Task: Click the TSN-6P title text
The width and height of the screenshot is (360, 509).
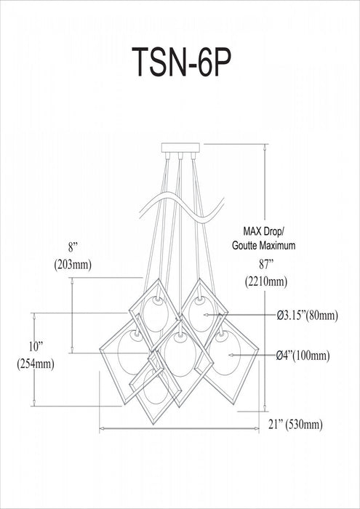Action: [181, 62]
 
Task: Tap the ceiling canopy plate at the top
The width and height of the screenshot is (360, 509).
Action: [180, 148]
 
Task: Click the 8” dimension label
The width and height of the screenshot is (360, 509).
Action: [73, 248]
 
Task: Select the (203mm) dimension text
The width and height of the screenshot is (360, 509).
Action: [73, 265]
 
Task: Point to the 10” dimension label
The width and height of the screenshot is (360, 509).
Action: [36, 347]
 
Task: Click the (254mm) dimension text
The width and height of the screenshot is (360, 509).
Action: [36, 364]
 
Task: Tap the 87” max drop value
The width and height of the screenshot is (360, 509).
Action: [265, 265]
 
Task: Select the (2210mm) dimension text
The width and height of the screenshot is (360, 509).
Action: [266, 281]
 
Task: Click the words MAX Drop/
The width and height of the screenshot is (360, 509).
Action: [264, 231]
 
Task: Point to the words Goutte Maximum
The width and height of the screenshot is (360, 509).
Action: [263, 246]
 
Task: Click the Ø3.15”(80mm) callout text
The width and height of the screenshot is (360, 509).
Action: [308, 315]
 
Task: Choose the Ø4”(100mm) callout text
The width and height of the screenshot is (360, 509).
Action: [303, 356]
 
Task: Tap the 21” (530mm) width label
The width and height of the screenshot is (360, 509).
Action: [295, 424]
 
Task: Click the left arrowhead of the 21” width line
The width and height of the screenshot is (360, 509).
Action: [102, 429]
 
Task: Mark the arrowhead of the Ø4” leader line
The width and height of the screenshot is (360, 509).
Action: [231, 356]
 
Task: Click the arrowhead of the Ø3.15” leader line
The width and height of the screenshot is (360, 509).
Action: [206, 315]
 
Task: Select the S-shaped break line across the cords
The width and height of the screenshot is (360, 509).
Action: [181, 208]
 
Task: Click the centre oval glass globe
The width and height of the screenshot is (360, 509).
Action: [180, 355]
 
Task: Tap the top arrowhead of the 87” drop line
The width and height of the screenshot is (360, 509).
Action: [265, 147]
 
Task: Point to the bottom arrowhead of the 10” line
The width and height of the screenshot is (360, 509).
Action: [34, 403]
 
